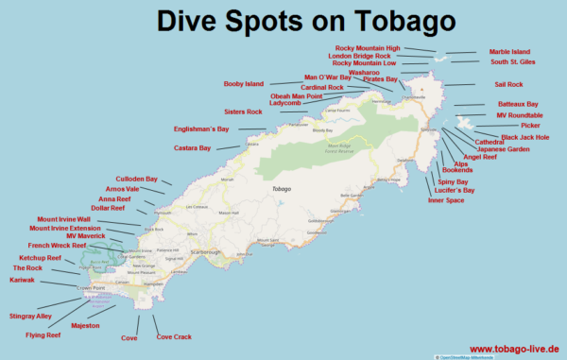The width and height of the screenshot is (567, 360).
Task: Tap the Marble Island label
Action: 510,52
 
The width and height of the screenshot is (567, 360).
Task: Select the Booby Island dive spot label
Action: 243,84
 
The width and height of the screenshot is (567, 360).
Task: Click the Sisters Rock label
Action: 243,111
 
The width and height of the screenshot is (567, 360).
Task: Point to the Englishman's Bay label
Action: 201,129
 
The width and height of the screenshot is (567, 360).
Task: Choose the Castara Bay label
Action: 192,147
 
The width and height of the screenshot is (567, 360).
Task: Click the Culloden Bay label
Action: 137,179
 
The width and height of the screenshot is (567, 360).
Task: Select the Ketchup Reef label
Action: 41,258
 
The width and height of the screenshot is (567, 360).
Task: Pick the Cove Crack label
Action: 174,336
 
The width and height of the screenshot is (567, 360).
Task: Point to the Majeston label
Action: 85,324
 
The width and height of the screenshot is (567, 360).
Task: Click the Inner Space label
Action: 446,200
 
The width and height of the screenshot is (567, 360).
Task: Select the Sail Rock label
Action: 508,84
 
